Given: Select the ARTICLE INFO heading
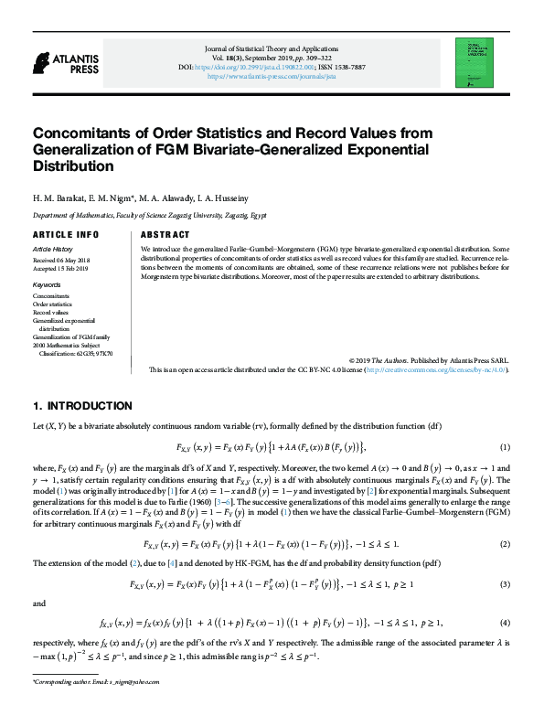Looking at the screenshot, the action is [x=66, y=234].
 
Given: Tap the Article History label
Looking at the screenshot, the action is [x=52, y=249].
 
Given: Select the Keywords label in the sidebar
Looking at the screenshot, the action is [x=47, y=285].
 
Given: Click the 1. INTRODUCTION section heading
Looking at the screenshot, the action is [x=81, y=406].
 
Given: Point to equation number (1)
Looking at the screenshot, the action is [x=504, y=447].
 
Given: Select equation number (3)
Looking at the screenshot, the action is [x=504, y=583].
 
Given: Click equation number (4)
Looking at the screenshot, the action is [x=504, y=623].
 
